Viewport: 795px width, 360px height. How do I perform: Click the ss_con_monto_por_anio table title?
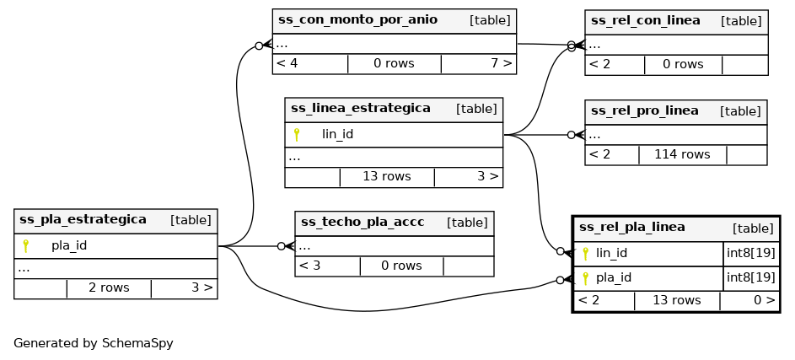tap(357, 20)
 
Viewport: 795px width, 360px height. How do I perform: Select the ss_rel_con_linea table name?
tap(645, 21)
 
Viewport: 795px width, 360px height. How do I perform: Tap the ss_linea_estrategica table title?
tap(360, 109)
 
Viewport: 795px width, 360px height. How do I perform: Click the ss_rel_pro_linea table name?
tap(644, 110)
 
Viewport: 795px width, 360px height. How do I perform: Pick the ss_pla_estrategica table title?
tap(83, 220)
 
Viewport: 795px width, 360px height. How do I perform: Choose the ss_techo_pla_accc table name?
tap(362, 223)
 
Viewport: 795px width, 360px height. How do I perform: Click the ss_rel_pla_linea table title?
tap(631, 228)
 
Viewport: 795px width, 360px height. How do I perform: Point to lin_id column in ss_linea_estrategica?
tap(337, 134)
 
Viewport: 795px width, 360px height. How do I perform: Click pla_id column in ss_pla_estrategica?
tap(69, 246)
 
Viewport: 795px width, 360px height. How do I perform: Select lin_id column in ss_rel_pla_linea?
tap(611, 253)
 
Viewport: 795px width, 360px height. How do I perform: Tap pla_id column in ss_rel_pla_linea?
tap(614, 277)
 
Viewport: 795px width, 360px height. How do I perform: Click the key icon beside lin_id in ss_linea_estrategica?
tap(297, 134)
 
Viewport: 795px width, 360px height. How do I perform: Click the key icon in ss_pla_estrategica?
tap(26, 246)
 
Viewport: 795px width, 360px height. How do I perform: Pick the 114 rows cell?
tap(682, 155)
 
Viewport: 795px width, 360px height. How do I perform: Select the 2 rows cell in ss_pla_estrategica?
tap(109, 287)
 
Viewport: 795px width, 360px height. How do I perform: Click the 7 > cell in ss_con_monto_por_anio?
tap(501, 63)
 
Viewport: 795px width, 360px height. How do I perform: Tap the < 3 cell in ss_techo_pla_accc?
tap(310, 266)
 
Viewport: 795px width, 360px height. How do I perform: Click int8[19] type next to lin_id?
tap(750, 253)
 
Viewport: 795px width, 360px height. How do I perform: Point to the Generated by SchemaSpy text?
tap(93, 344)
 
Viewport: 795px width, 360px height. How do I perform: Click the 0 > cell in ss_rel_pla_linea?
tap(764, 300)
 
